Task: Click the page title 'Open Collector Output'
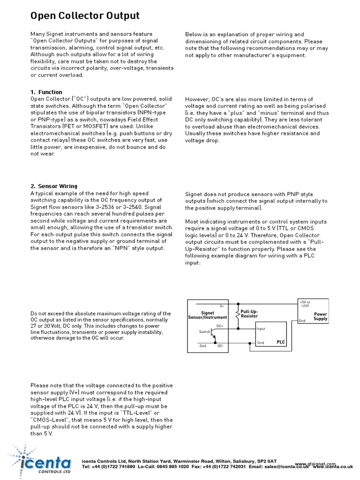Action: (85, 16)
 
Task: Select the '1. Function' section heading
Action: (46, 92)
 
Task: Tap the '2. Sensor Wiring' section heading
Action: (54, 186)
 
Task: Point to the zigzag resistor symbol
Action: (237, 314)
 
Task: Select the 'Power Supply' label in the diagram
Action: (321, 317)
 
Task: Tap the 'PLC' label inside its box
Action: (280, 342)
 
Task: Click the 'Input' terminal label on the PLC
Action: (261, 329)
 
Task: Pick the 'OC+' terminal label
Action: (220, 325)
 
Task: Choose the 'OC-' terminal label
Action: (220, 346)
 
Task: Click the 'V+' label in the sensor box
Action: (222, 306)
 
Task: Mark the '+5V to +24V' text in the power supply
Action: (305, 304)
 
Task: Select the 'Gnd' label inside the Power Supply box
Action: (303, 321)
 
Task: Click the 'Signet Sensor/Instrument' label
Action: (207, 315)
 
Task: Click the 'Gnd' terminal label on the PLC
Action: (261, 343)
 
